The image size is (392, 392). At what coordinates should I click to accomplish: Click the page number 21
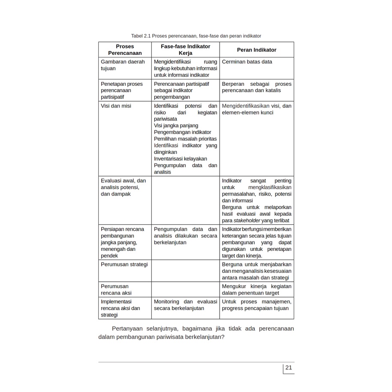click(288, 368)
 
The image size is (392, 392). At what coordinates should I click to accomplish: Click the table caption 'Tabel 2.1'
click(141, 36)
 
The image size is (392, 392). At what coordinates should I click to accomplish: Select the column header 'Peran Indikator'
click(256, 50)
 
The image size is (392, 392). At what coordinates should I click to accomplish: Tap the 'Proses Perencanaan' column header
click(125, 50)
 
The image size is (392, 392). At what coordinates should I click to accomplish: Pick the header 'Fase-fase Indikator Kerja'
click(185, 50)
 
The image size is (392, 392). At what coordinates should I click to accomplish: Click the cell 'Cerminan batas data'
click(247, 62)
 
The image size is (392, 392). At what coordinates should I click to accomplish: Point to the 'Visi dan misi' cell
click(116, 106)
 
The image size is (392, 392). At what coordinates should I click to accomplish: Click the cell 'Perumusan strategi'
click(124, 264)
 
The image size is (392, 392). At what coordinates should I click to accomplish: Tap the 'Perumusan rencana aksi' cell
click(116, 289)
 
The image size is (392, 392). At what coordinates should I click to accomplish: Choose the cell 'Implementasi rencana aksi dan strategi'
click(121, 308)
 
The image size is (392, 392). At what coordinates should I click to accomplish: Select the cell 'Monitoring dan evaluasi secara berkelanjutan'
click(185, 305)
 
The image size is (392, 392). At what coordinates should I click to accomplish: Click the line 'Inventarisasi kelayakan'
click(180, 159)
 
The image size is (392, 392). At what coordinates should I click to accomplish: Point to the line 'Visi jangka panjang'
click(176, 126)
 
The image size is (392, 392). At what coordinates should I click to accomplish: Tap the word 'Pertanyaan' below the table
click(127, 329)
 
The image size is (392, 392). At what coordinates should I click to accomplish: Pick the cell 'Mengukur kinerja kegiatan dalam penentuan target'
click(256, 289)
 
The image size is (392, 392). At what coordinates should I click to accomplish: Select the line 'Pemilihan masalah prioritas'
click(185, 139)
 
